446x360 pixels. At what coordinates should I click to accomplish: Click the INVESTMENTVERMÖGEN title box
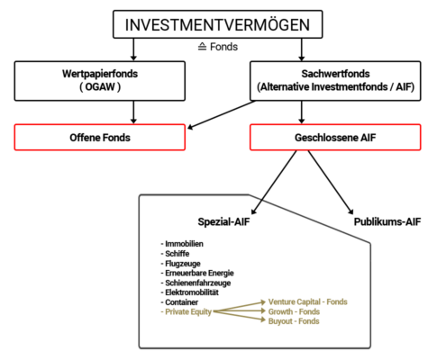pyautogui.click(x=218, y=24)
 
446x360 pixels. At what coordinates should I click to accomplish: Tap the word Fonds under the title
pyautogui.click(x=223, y=47)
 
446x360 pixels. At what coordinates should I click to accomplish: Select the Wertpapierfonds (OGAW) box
pyautogui.click(x=100, y=81)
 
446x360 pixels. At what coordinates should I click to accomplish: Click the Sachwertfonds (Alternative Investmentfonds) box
pyautogui.click(x=335, y=81)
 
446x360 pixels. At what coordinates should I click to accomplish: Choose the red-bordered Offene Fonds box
pyautogui.click(x=100, y=137)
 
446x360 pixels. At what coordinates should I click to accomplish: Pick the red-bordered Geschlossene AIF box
pyautogui.click(x=335, y=137)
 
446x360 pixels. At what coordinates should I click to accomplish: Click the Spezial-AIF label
pyautogui.click(x=223, y=221)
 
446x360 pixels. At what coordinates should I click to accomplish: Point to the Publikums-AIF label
pyautogui.click(x=387, y=221)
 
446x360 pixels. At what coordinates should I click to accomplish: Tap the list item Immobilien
pyautogui.click(x=182, y=244)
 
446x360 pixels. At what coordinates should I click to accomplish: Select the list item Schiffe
pyautogui.click(x=175, y=254)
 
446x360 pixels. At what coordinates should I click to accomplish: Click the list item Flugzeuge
pyautogui.click(x=180, y=264)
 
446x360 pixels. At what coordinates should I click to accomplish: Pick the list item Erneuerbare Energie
pyautogui.click(x=197, y=273)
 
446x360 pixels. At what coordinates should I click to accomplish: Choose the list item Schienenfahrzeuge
pyautogui.click(x=196, y=283)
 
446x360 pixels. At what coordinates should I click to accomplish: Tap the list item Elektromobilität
pyautogui.click(x=190, y=292)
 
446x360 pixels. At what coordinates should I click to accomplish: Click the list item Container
pyautogui.click(x=179, y=302)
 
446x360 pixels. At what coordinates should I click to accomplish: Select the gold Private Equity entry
pyautogui.click(x=187, y=312)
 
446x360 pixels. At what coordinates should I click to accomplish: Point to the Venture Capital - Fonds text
pyautogui.click(x=308, y=301)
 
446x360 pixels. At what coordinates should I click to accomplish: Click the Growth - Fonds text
pyautogui.click(x=294, y=311)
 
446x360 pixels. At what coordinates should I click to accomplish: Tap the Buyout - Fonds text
pyautogui.click(x=294, y=321)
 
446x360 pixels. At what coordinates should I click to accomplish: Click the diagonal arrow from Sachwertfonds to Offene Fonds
pyautogui.click(x=222, y=115)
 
